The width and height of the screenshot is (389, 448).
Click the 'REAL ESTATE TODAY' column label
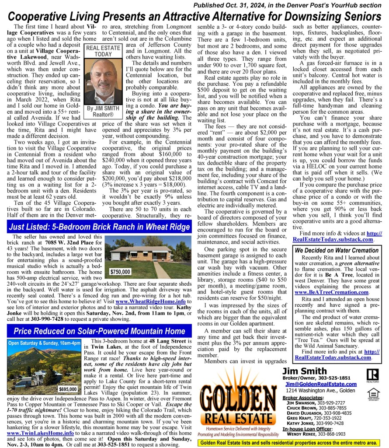click(x=103, y=51)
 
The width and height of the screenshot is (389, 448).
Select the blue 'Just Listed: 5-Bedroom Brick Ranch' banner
click(x=99, y=227)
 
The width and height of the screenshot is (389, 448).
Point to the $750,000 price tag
click(x=120, y=272)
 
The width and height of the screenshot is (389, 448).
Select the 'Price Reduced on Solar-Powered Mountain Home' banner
click(x=99, y=331)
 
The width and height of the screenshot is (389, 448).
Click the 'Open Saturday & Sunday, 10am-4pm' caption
click(x=45, y=343)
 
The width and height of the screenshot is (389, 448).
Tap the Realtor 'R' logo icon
click(x=372, y=375)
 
